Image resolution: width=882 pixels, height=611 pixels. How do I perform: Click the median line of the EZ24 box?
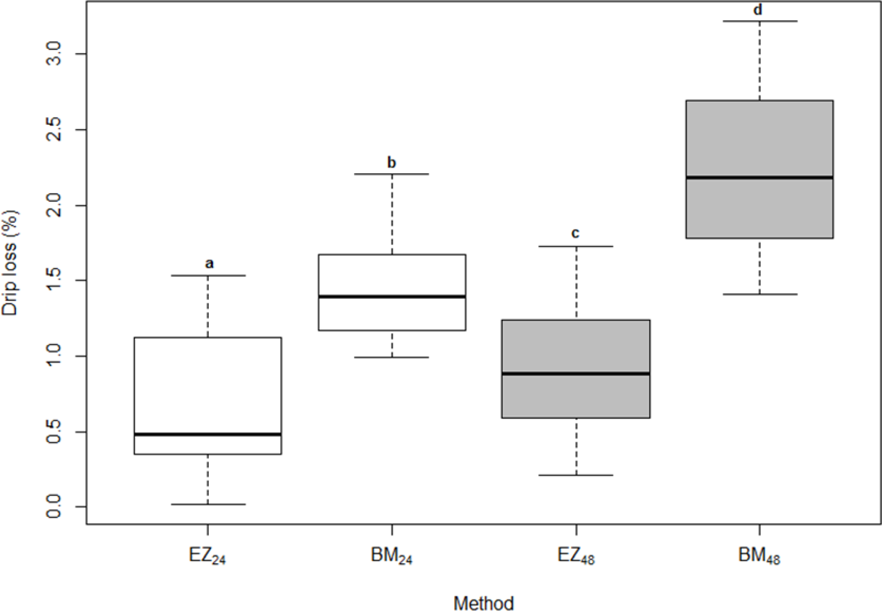coord(208,434)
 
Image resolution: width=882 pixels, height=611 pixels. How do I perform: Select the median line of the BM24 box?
coord(392,297)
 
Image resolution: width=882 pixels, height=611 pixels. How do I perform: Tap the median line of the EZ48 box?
coord(576,374)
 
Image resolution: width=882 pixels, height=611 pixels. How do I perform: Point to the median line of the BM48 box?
coord(759,177)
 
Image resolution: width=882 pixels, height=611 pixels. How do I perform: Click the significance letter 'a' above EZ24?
coord(209,263)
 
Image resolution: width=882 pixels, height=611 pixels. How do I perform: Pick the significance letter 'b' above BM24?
coord(391,162)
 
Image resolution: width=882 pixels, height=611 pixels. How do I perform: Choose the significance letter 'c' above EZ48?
coord(575,234)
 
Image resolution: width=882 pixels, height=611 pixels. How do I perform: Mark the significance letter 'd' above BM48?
coord(758,10)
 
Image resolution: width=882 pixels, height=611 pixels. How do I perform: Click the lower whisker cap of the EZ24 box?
coord(208,504)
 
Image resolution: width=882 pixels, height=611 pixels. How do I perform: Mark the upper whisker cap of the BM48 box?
coord(759,21)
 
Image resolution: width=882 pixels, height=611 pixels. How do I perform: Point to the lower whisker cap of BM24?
coord(392,357)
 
